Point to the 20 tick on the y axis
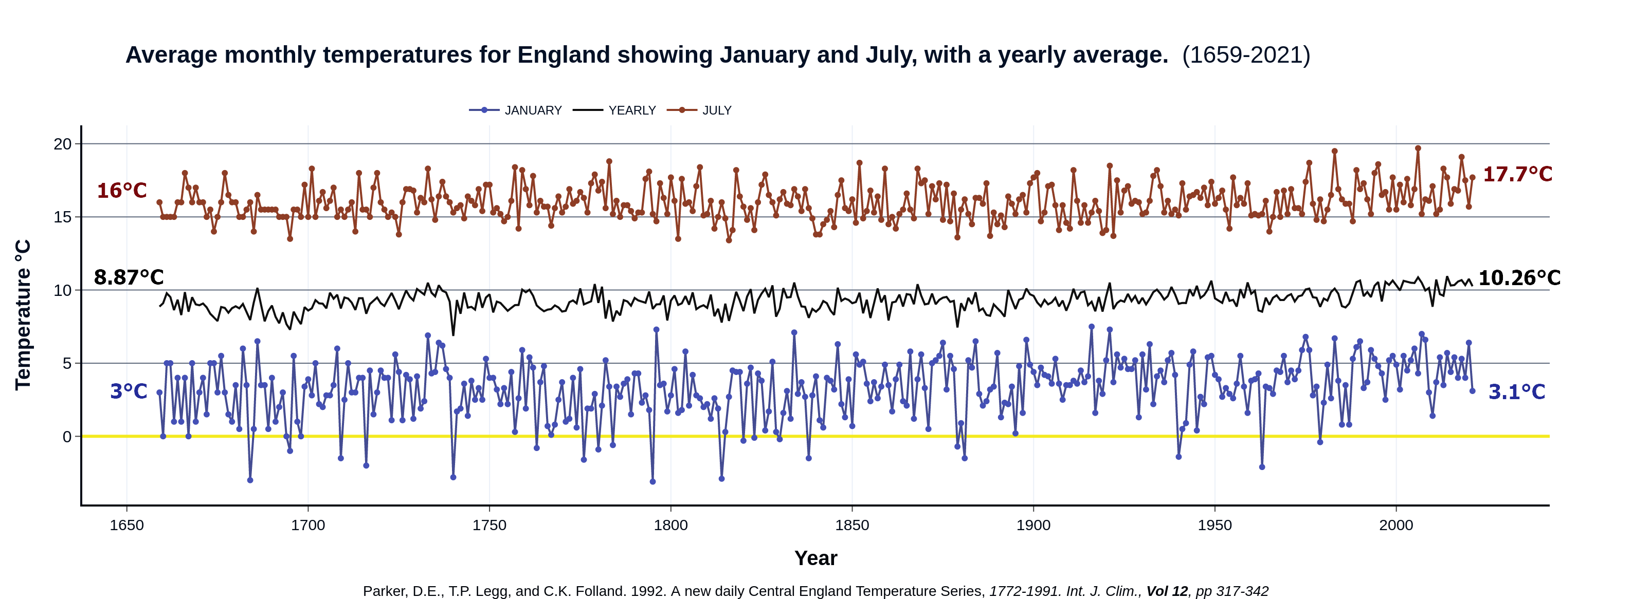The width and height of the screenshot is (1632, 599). pos(63,144)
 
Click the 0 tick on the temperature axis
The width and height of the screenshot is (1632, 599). pos(67,437)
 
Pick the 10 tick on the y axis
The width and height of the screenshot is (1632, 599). pos(63,291)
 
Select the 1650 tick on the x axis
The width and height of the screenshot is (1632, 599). pos(126,526)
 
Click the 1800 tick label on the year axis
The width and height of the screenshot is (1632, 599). pos(670,526)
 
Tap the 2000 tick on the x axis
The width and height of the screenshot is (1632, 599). pos(1395,526)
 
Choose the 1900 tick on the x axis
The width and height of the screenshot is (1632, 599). pos(1033,526)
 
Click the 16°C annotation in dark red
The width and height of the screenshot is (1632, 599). pos(122,191)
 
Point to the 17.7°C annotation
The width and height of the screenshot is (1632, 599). pos(1517,174)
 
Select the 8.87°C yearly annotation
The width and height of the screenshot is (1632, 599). pos(129,277)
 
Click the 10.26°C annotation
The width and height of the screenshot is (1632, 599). pos(1518,278)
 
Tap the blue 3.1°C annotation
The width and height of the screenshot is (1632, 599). pos(1516,392)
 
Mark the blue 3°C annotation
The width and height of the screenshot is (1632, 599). pos(129,391)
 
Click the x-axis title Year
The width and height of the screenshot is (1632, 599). pos(815,558)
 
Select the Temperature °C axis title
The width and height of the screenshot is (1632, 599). pos(23,315)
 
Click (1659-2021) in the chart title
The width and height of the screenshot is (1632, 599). pos(1245,55)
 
